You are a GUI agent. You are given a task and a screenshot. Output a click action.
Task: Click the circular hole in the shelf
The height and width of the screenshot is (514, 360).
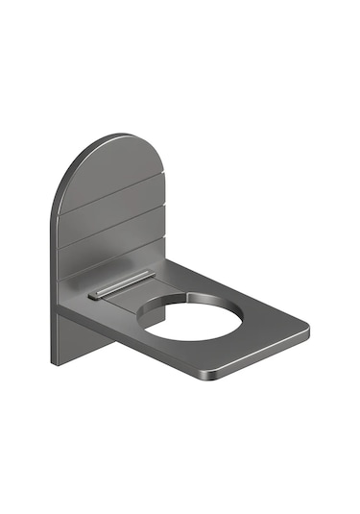tap(192, 319)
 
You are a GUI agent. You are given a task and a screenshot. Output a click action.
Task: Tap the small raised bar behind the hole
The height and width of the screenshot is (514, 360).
tap(120, 285)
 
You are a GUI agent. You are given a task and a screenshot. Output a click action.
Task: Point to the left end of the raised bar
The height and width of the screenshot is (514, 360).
tap(92, 296)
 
